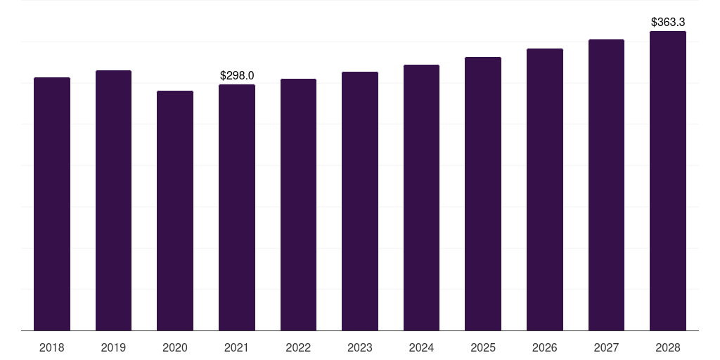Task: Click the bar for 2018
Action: pyautogui.click(x=52, y=204)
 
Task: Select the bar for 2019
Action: pyautogui.click(x=113, y=200)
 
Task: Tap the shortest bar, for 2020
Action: pyautogui.click(x=175, y=211)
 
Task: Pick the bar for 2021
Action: pyautogui.click(x=237, y=207)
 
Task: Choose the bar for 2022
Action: pyautogui.click(x=298, y=205)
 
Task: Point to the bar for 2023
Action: pyautogui.click(x=360, y=201)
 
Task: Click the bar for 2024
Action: pyautogui.click(x=421, y=198)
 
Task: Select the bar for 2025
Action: pyautogui.click(x=483, y=194)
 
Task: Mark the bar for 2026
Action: pyautogui.click(x=545, y=190)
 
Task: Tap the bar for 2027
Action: pyautogui.click(x=606, y=185)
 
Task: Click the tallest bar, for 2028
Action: pyautogui.click(x=668, y=181)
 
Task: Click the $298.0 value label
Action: pyautogui.click(x=237, y=75)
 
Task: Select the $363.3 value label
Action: pyautogui.click(x=668, y=22)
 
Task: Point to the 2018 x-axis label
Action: pyautogui.click(x=52, y=347)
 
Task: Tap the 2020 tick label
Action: pyautogui.click(x=175, y=347)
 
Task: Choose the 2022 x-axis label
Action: pyautogui.click(x=298, y=347)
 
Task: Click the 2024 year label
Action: pyautogui.click(x=421, y=347)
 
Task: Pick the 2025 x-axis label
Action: pyautogui.click(x=483, y=347)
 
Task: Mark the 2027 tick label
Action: pyautogui.click(x=606, y=347)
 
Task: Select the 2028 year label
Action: pyautogui.click(x=668, y=347)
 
